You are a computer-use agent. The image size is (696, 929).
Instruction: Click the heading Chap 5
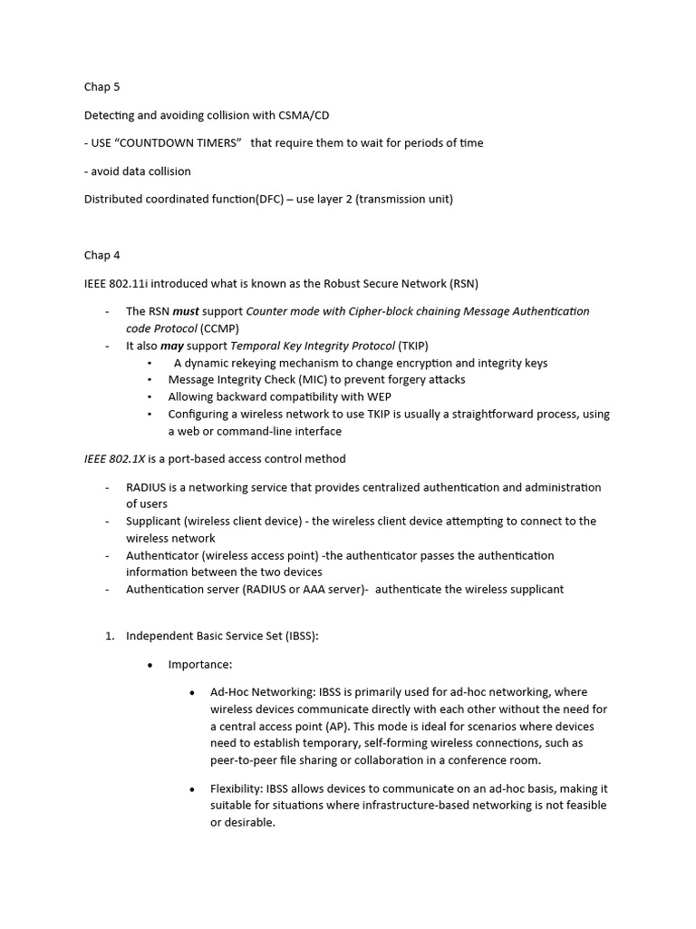pyautogui.click(x=101, y=87)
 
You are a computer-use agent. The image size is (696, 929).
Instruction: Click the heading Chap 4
pyautogui.click(x=101, y=255)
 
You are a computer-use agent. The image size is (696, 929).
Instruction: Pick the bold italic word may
pyautogui.click(x=172, y=346)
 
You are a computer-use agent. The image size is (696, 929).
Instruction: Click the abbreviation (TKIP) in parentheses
pyautogui.click(x=413, y=346)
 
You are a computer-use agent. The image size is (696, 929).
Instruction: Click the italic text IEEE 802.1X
pyautogui.click(x=114, y=459)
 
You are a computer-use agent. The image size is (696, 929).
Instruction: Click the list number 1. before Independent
pyautogui.click(x=109, y=636)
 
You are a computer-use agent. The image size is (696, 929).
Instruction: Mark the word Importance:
pyautogui.click(x=200, y=664)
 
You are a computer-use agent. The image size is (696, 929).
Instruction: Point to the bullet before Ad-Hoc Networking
pyautogui.click(x=192, y=693)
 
